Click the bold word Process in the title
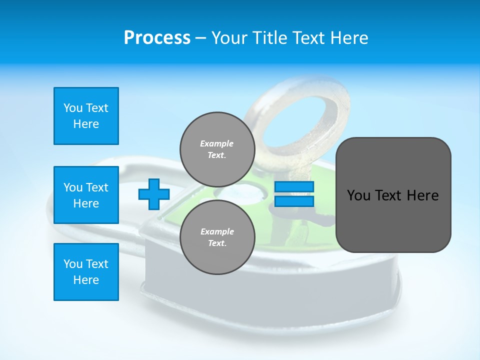157,38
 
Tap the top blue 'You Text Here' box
86,116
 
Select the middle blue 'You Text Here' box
86,195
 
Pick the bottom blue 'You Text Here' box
86,272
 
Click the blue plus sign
154,194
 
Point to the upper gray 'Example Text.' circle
217,149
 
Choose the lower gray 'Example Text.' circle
217,237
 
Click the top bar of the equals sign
294,187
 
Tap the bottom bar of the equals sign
294,201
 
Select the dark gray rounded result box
393,195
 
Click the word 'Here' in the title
349,38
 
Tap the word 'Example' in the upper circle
217,143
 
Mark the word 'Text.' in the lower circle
217,243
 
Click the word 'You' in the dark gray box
358,195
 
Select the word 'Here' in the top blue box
86,124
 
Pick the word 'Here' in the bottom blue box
86,280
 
